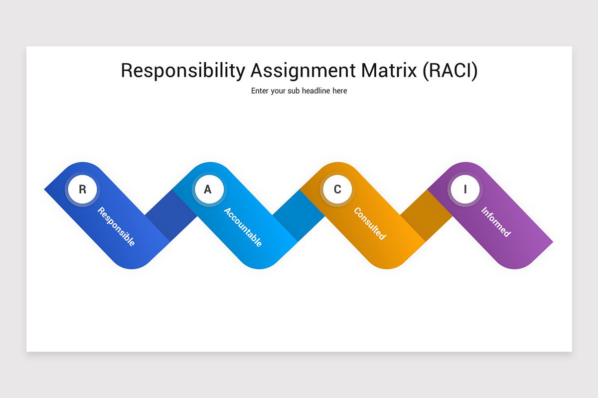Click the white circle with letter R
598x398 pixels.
pos(83,190)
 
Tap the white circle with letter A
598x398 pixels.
pos(208,190)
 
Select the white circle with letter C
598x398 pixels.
pos(337,190)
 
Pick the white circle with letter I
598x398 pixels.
pos(465,190)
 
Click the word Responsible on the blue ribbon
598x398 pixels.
pos(116,226)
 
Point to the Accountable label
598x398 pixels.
pos(243,227)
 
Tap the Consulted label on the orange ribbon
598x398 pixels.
pos(370,223)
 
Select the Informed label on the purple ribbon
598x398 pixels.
pos(496,221)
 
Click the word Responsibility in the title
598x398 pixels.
pos(183,71)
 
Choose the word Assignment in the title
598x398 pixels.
pos(303,71)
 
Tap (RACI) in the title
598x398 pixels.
pos(450,71)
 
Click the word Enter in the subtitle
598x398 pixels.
pos(260,91)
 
